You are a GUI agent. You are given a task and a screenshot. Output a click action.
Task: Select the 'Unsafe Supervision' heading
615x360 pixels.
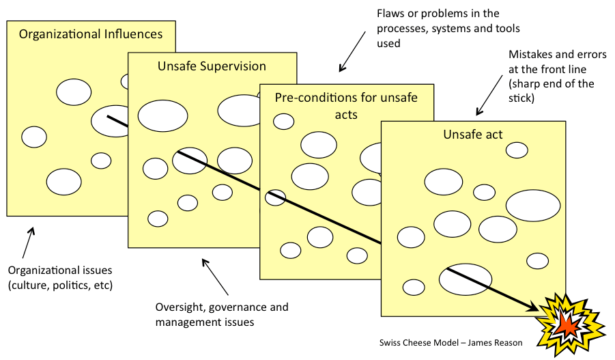click(x=212, y=66)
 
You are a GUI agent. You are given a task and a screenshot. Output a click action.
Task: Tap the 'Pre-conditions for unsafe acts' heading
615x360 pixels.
click(x=346, y=105)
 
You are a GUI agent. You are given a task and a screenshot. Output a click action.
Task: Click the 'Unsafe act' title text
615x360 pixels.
click(x=472, y=135)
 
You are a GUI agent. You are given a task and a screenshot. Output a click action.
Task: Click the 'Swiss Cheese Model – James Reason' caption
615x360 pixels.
click(x=450, y=342)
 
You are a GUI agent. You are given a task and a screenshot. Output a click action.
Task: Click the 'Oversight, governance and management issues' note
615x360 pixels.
click(x=222, y=314)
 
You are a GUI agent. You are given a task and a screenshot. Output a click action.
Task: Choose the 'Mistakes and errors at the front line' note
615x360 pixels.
click(x=552, y=77)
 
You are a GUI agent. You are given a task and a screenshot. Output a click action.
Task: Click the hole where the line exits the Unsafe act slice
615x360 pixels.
click(x=466, y=279)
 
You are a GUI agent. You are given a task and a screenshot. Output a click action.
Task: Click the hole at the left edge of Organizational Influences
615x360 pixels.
click(x=34, y=137)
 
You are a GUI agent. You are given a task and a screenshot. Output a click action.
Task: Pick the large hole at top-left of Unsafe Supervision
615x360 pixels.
click(x=162, y=116)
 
